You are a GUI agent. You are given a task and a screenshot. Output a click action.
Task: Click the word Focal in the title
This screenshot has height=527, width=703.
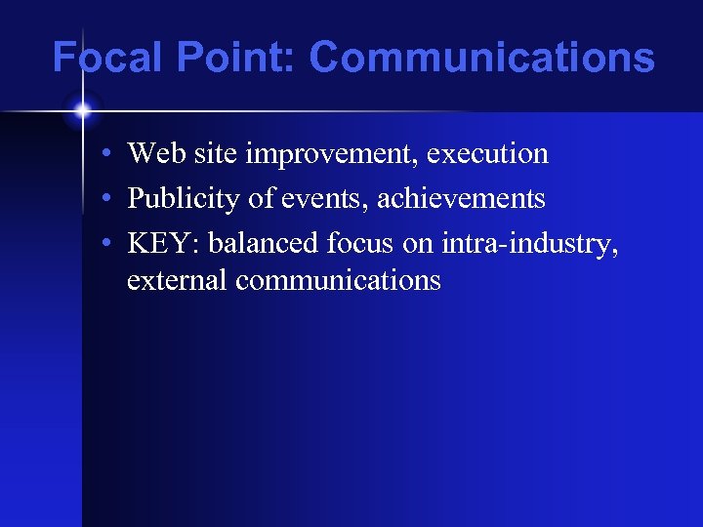[x=109, y=58]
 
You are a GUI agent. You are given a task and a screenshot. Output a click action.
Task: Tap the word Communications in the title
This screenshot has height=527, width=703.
[x=481, y=58]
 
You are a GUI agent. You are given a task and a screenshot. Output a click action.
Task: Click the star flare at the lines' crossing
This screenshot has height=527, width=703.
[x=83, y=111]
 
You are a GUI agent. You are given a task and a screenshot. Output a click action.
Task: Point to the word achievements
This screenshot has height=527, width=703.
[x=461, y=199]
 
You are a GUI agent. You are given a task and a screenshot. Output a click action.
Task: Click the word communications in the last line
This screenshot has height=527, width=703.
[x=338, y=281]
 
